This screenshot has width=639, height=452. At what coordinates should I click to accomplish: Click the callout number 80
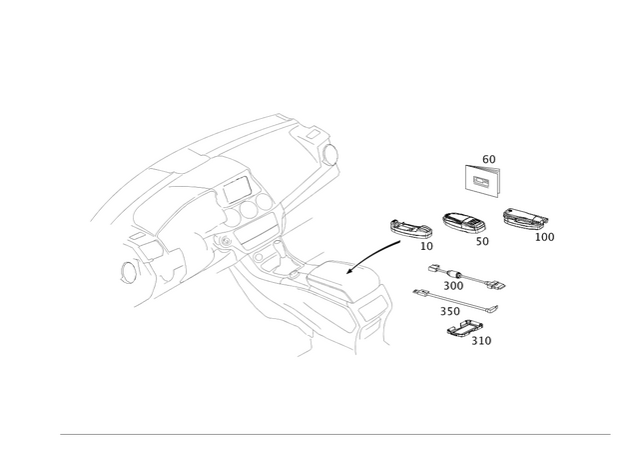488,157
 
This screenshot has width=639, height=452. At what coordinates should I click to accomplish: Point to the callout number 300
453,286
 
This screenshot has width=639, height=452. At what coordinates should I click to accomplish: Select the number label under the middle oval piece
483,241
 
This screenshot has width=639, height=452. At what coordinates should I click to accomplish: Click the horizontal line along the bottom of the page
334,434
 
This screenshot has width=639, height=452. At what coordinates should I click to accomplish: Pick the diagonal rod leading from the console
374,257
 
